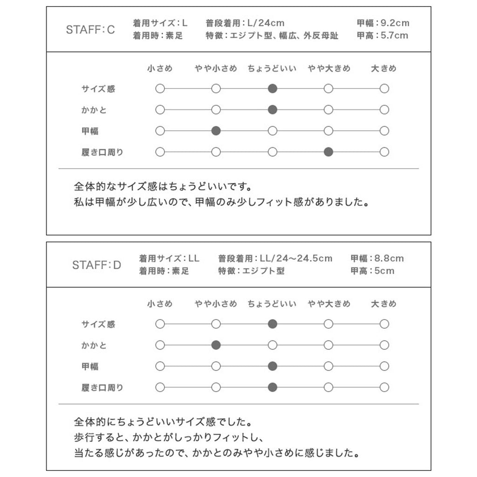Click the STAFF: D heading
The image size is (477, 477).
pos(96,265)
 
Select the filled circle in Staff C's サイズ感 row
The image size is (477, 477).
pos(273,89)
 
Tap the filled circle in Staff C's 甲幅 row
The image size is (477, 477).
pos(216,131)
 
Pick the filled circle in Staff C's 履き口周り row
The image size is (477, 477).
pos(328,152)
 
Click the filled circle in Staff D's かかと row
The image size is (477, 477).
pos(216,345)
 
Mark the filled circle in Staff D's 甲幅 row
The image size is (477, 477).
pos(273,366)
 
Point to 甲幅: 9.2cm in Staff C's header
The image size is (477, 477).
pos(383,23)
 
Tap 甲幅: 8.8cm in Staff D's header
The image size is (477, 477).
pos(377,259)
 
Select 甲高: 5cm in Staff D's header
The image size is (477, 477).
pos(372,271)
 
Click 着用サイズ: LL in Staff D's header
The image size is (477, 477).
pos(169,259)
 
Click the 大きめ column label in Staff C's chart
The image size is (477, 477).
pos(383,68)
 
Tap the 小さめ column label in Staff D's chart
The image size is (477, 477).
pos(160,304)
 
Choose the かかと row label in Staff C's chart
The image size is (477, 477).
pos(94,110)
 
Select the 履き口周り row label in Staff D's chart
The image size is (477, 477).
pos(102,388)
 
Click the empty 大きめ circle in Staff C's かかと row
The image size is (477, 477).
pos(384,110)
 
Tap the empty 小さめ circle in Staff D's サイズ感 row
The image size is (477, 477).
pos(160,324)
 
